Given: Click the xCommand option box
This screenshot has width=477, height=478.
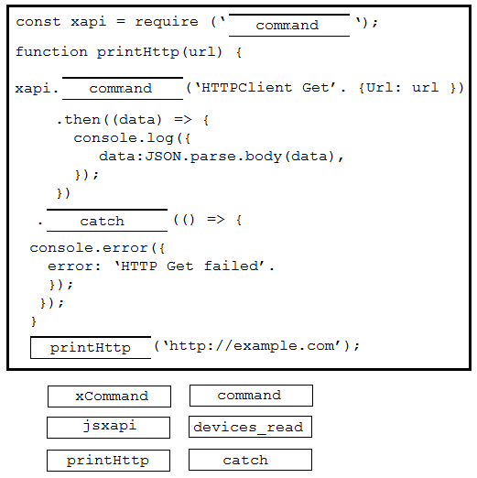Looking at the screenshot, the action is coord(109,397).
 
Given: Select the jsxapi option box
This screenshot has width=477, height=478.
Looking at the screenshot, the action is coord(108,428).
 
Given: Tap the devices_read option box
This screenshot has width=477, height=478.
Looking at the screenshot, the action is coord(250,427).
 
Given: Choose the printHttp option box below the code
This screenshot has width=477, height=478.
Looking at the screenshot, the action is coord(108,461).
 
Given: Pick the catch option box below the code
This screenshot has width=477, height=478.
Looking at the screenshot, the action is coord(250,460).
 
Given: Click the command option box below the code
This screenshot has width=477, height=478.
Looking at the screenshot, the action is coord(251,396).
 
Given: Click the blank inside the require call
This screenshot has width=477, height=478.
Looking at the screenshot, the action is coord(289,25).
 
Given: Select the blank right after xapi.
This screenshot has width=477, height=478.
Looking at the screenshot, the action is coord(123,88).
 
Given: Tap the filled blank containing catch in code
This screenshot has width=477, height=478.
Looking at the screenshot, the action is coord(107,221).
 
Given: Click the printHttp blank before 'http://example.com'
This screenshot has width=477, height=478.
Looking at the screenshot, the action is coord(91,347).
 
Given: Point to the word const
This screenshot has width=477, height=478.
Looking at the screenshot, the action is coord(38,22).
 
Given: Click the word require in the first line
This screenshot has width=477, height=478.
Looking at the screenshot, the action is coord(167,22).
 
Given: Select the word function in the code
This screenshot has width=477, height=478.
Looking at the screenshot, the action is coord(51,51).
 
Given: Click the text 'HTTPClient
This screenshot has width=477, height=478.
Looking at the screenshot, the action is coord(244,88).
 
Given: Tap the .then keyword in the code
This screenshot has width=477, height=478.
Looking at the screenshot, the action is coord(79,119).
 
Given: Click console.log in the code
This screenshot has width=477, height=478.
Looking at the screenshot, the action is coord(124,138).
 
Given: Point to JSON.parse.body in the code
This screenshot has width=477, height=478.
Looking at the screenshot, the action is coord(213,157).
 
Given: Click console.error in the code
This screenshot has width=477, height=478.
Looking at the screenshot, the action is coord(89,248).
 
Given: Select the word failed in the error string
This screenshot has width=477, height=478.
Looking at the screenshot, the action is coord(231,266).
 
